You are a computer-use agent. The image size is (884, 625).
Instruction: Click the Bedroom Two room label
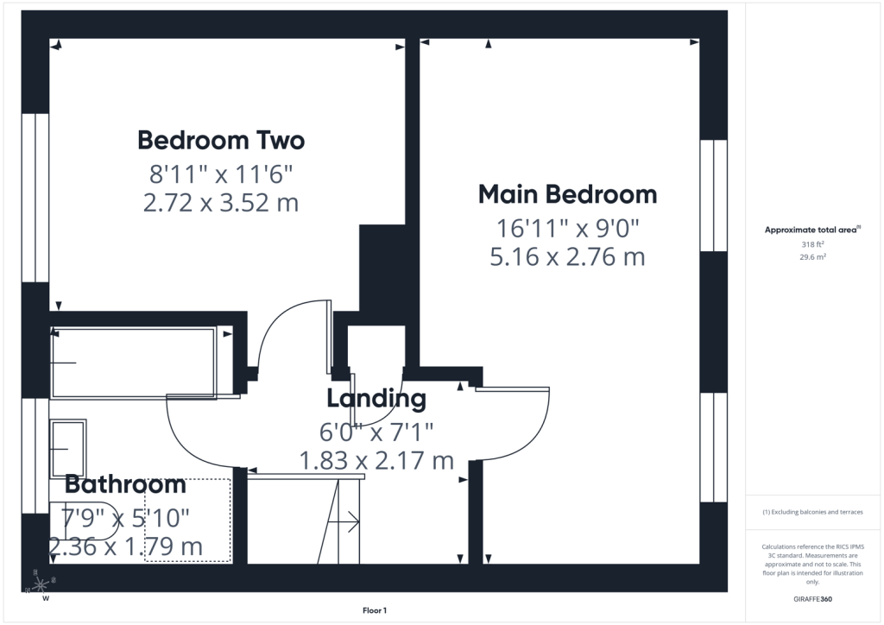(x=221, y=141)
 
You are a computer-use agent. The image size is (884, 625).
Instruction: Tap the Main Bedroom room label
(x=568, y=194)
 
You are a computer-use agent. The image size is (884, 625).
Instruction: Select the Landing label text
(x=376, y=399)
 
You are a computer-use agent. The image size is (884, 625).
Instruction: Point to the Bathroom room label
(x=125, y=484)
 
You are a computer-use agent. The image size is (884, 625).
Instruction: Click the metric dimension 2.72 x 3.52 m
(x=221, y=203)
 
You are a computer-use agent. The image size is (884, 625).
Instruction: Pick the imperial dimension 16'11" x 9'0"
(x=568, y=228)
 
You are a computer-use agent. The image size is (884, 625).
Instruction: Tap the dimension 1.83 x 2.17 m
(x=376, y=460)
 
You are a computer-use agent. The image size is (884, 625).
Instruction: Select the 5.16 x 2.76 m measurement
(x=568, y=257)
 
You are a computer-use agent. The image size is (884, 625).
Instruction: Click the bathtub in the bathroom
(x=133, y=363)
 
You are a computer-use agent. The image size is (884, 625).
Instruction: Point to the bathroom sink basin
(x=68, y=449)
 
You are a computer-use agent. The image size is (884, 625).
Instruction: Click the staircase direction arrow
(x=344, y=522)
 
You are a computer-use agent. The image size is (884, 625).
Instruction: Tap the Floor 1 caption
(x=375, y=610)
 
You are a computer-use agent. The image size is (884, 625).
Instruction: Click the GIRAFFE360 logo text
(x=812, y=599)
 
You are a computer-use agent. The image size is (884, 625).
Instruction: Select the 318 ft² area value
(x=812, y=244)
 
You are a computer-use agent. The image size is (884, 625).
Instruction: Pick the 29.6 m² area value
(x=812, y=257)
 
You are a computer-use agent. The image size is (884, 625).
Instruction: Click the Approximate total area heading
(x=812, y=230)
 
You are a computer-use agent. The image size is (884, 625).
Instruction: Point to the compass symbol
(x=40, y=584)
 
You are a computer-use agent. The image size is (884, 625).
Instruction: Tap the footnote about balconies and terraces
(x=812, y=512)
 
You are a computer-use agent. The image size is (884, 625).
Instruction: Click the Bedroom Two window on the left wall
(x=35, y=198)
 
